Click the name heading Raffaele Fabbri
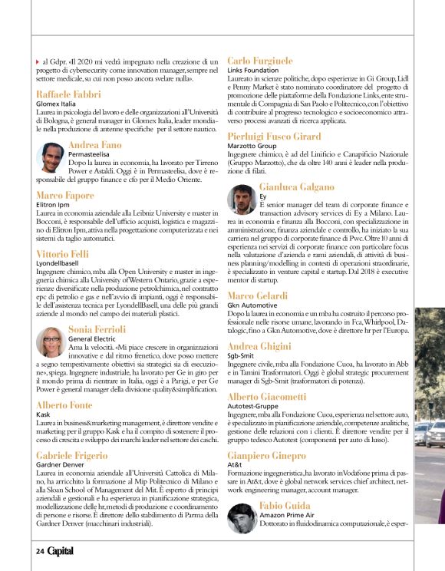pyautogui.click(x=67, y=94)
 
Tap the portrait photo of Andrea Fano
pyautogui.click(x=50, y=158)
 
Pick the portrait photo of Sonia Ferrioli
pyautogui.click(x=50, y=341)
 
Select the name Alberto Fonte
pyautogui.click(x=64, y=404)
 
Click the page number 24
pyautogui.click(x=39, y=550)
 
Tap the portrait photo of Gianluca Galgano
pyautogui.click(x=242, y=200)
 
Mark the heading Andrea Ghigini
pyautogui.click(x=259, y=347)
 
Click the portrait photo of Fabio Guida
pyautogui.click(x=242, y=517)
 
